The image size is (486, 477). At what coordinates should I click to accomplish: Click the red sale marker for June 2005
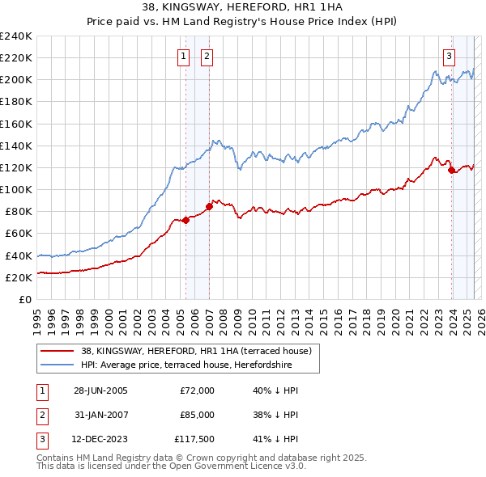tap(185, 219)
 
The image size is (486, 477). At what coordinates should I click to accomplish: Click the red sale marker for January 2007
tap(209, 206)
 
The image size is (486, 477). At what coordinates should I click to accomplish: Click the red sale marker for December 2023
tap(450, 170)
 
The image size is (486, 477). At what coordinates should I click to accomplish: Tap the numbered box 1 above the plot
tap(185, 56)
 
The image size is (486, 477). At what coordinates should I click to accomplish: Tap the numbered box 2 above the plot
tap(207, 56)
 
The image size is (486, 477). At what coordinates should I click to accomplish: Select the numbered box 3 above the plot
tap(449, 56)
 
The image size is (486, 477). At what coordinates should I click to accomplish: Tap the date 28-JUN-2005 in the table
tap(100, 390)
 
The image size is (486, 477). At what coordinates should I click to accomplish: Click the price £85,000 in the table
tap(196, 416)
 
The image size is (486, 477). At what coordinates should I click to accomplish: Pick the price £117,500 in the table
tap(194, 441)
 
